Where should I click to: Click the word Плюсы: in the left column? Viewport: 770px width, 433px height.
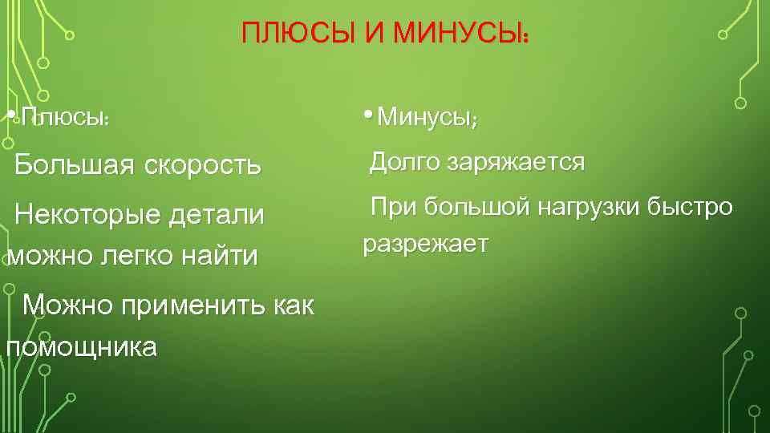tap(65, 118)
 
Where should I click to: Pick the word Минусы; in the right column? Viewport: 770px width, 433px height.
tap(428, 119)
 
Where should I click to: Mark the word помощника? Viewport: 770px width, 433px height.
tap(80, 347)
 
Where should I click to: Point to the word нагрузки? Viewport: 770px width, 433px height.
tap(589, 207)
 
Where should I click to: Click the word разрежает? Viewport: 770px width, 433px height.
tap(425, 244)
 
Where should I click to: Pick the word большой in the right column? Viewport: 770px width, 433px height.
tap(476, 207)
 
